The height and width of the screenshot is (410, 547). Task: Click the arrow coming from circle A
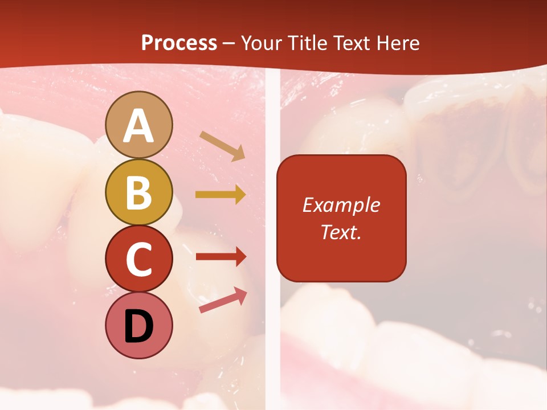222,146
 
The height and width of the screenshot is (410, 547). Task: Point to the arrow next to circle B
221,194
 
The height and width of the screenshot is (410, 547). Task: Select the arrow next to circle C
221,256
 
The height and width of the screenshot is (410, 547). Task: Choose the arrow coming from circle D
223,300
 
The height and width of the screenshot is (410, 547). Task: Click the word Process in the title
179,43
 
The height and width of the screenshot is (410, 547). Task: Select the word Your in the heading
260,43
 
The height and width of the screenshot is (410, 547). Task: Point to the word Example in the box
341,205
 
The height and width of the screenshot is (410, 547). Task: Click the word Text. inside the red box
341,232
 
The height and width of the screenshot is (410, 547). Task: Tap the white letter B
138,192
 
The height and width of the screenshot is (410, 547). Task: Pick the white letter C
138,259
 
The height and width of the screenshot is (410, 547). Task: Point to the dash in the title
229,44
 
